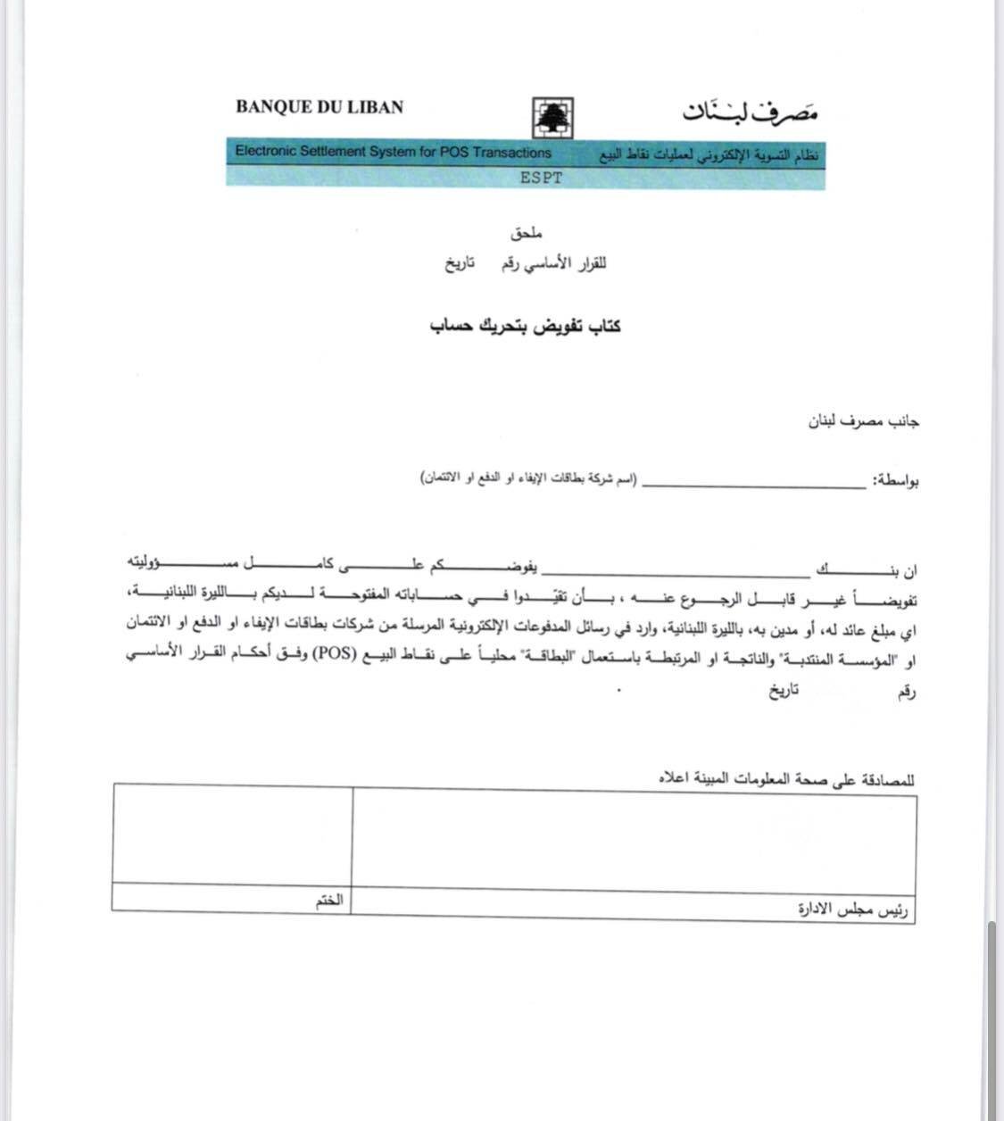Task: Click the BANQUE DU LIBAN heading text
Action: pyautogui.click(x=319, y=107)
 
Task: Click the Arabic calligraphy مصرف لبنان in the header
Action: pyautogui.click(x=751, y=111)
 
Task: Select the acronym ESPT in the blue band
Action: pyautogui.click(x=542, y=177)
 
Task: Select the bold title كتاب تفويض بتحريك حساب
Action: pyautogui.click(x=526, y=327)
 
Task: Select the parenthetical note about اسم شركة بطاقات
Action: pyautogui.click(x=529, y=480)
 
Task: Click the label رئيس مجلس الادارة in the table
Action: pyautogui.click(x=854, y=910)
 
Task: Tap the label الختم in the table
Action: pyautogui.click(x=328, y=903)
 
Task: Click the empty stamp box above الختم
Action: pyautogui.click(x=232, y=834)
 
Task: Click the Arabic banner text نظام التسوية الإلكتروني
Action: pyautogui.click(x=711, y=156)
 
